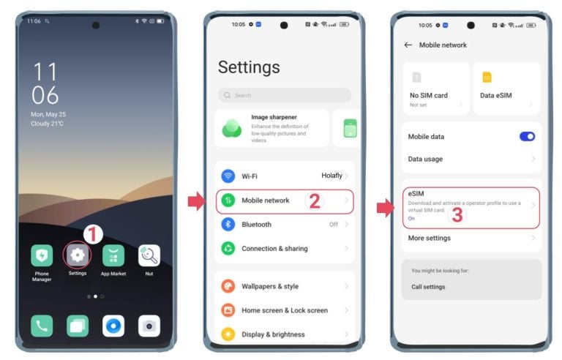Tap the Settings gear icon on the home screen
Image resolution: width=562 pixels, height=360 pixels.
[77, 255]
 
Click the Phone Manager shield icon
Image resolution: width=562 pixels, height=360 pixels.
[42, 255]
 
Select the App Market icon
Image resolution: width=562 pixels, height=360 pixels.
[113, 255]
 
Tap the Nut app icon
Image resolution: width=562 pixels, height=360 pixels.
[149, 255]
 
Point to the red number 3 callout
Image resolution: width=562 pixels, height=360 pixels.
[457, 215]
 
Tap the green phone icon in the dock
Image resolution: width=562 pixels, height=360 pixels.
[42, 326]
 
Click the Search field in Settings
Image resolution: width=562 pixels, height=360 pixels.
[285, 95]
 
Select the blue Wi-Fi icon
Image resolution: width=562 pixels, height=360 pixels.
[228, 176]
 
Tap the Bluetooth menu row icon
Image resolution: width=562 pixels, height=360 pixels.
[228, 225]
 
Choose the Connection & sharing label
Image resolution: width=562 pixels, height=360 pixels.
[274, 249]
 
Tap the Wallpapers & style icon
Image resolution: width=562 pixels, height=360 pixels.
[228, 286]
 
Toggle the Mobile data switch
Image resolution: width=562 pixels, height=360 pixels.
[527, 136]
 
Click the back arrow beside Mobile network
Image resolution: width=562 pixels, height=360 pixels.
[408, 45]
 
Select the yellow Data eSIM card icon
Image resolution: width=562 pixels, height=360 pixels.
[487, 77]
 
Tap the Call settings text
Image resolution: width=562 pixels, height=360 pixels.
[428, 287]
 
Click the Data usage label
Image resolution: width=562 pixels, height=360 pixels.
[425, 159]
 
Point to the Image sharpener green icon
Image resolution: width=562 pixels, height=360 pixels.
[233, 128]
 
